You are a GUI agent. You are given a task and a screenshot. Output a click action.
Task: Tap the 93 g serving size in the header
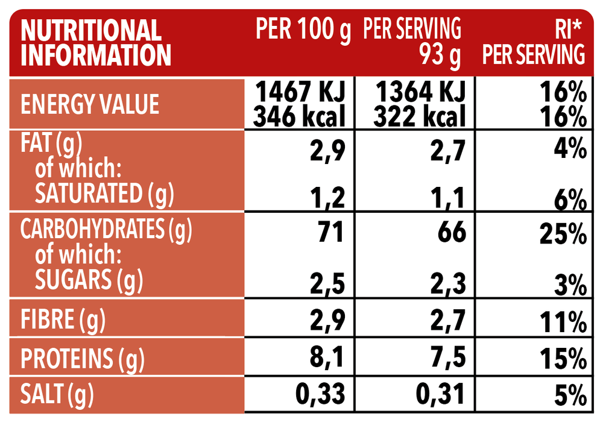coord(440,56)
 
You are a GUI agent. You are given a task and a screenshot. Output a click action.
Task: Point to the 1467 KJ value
coord(300,94)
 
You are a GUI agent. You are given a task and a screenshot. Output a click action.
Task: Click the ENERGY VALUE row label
coord(90,105)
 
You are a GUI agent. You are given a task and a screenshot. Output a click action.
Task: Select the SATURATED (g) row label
coord(104,194)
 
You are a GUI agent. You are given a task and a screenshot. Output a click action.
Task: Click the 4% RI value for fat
coord(570,148)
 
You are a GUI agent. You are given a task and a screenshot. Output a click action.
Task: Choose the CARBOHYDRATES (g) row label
coord(110,229)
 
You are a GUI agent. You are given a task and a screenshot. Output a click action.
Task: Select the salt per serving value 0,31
coord(441,395)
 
